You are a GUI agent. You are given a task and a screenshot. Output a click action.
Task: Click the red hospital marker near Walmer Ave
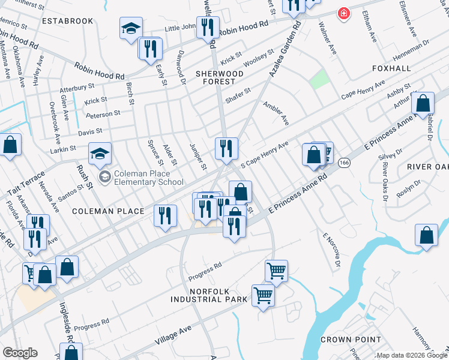coord(343,13)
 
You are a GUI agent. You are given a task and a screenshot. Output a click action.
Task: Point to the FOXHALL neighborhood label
coord(391,68)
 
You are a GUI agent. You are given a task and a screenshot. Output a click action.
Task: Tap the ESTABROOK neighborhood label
coord(68,21)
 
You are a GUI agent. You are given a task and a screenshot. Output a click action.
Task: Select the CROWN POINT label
coord(351,340)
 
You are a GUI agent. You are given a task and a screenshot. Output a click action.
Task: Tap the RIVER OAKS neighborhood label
coord(427,166)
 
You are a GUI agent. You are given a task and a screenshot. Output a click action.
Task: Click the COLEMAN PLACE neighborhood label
coord(109,211)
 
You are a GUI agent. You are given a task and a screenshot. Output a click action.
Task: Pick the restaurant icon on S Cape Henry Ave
coord(226,148)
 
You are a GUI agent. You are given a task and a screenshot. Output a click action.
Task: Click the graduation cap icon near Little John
coord(131,28)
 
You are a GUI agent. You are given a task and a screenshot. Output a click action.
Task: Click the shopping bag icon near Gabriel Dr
coord(423,103)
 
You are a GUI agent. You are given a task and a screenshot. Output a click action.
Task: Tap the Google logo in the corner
coord(20,353)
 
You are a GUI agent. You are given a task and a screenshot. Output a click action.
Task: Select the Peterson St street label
coord(103,113)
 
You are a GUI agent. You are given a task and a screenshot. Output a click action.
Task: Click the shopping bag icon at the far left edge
coord(10,145)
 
